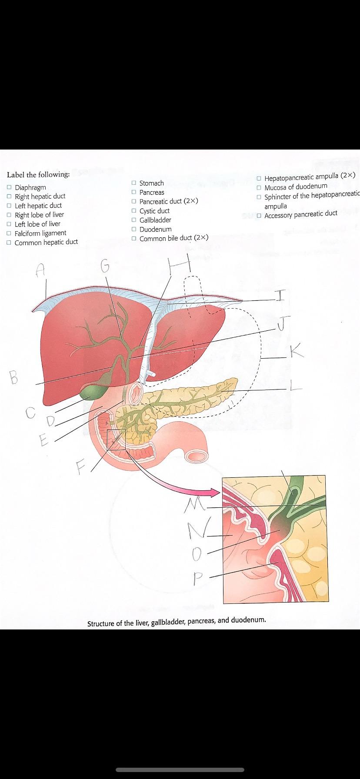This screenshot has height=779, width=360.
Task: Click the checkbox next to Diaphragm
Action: (9, 187)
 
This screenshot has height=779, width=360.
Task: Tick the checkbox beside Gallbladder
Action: (134, 220)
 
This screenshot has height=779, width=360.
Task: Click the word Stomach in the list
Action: (151, 183)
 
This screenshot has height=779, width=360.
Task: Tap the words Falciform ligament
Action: (40, 233)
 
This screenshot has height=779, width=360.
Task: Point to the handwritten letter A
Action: (40, 271)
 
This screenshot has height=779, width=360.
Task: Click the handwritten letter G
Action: (104, 266)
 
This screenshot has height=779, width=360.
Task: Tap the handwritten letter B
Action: (14, 377)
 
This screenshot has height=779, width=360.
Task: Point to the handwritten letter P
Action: (198, 578)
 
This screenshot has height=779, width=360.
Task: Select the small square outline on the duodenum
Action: (116, 439)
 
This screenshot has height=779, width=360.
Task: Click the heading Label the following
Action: (38, 174)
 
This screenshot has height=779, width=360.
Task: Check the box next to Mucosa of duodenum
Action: (259, 187)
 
